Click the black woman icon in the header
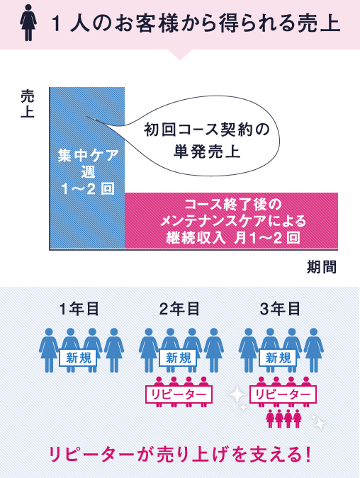[x=28, y=23]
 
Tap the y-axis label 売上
[x=28, y=104]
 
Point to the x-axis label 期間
[x=322, y=267]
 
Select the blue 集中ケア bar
[x=87, y=168]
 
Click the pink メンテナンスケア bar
[x=231, y=221]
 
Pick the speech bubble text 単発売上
[x=207, y=152]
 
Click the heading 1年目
[x=79, y=309]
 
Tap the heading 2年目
[x=179, y=309]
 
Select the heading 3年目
[x=280, y=309]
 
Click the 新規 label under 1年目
[x=78, y=358]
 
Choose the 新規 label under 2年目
[x=178, y=358]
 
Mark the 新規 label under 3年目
[x=278, y=358]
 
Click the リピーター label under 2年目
[x=179, y=394]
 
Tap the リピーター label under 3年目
[x=283, y=394]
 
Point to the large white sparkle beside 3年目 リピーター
[x=238, y=395]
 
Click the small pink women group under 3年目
[x=283, y=419]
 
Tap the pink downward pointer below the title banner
[x=180, y=55]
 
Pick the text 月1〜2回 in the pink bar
[x=267, y=237]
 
